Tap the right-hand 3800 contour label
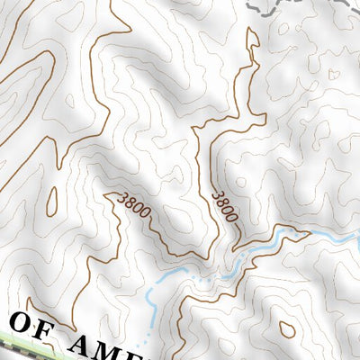[x=225, y=206]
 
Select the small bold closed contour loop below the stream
[x=287, y=328]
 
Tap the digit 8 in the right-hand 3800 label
[x=222, y=202]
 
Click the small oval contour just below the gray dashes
[x=283, y=28]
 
